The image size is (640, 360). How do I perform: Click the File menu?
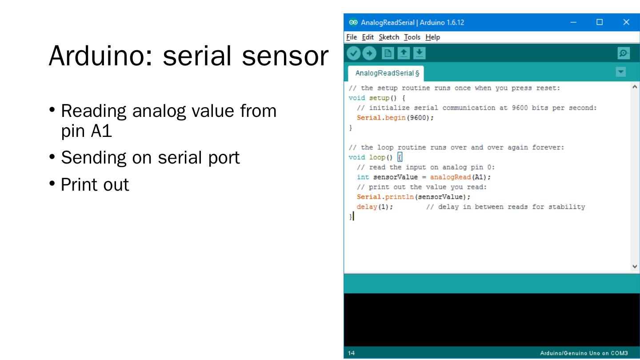(351, 37)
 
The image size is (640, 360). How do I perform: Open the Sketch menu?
(389, 37)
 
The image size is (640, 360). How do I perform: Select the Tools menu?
(412, 37)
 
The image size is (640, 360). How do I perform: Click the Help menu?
(432, 37)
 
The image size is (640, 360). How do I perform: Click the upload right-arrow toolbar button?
(369, 54)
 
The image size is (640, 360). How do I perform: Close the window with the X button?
(626, 22)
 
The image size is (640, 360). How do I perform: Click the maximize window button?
(600, 22)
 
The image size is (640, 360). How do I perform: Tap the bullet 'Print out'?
(95, 184)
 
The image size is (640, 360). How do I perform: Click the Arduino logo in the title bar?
(352, 22)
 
